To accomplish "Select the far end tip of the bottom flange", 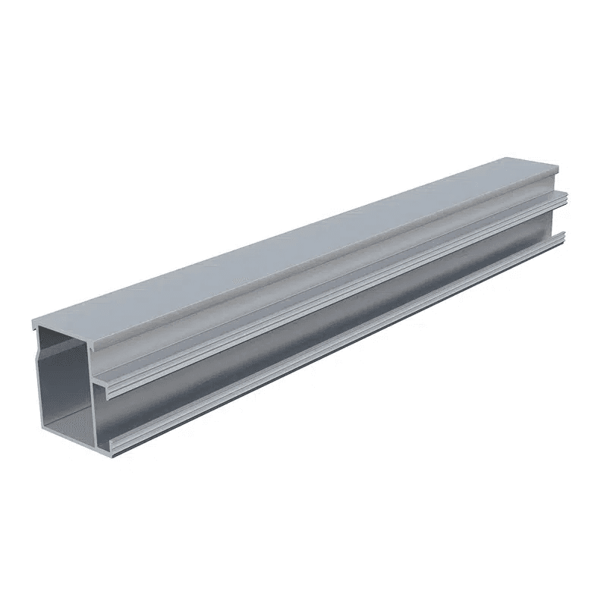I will click(564, 237).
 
